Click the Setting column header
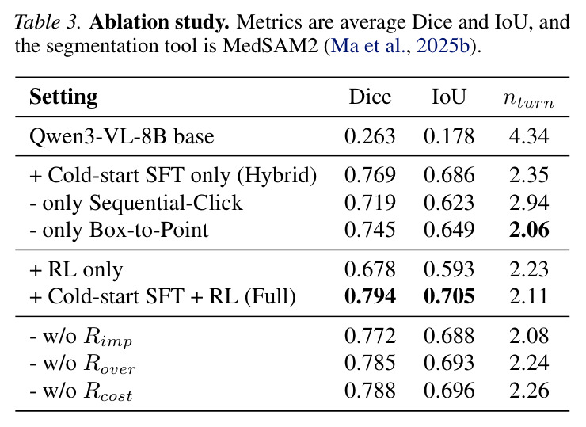[63, 97]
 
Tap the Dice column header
[370, 97]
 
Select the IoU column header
[448, 97]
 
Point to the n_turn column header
[528, 99]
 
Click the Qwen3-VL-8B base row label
[121, 136]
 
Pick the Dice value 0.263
[370, 136]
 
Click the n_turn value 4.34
[529, 136]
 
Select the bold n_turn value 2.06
[529, 230]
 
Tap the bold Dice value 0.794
[370, 296]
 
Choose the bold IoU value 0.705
[449, 296]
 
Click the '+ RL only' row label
[76, 269]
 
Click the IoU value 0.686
[449, 175]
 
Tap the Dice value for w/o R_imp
[370, 336]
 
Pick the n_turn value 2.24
[529, 363]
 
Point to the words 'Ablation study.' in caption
[159, 22]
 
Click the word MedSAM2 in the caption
[270, 46]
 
